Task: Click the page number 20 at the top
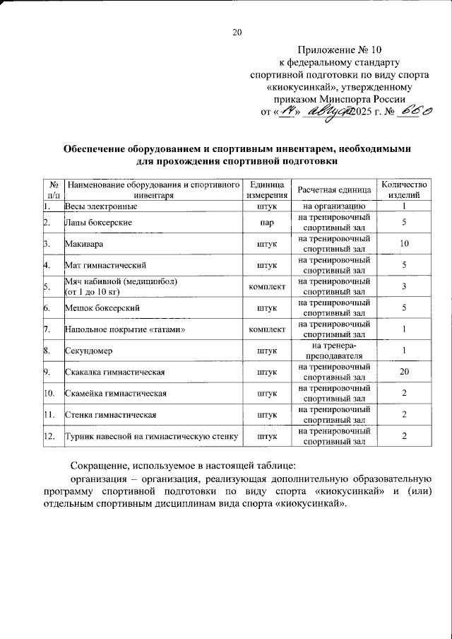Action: pos(237,32)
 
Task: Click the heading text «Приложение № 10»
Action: pos(339,49)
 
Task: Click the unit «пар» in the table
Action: pos(267,223)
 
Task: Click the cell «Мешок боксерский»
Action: pos(100,308)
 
